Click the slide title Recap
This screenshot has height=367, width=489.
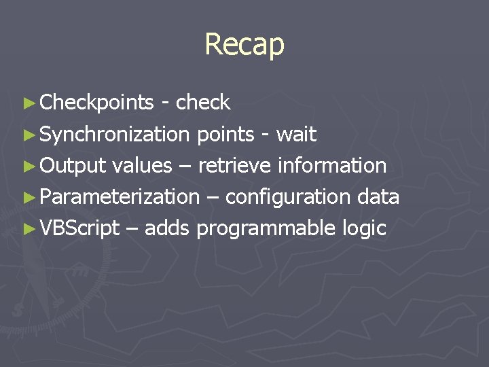point(244,45)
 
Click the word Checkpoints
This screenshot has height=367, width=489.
point(96,103)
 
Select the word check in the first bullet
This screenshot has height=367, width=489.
point(203,103)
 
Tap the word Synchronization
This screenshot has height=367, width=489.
point(115,135)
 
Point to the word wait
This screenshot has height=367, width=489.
point(296,135)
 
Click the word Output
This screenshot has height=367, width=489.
point(73,166)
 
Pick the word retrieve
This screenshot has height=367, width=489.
point(234,166)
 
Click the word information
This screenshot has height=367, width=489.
point(332,166)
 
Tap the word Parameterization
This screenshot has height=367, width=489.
point(119,197)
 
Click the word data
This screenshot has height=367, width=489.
point(379,197)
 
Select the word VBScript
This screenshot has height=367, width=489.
point(79,228)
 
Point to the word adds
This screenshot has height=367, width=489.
point(166,228)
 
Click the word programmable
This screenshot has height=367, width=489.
point(265,228)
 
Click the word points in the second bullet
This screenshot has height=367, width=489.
point(225,135)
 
